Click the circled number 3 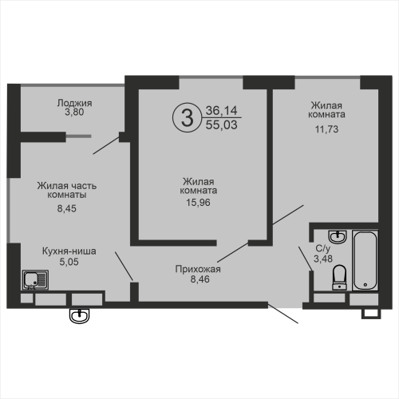(188, 118)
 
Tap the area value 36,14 (221, 110)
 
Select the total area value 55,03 (221, 124)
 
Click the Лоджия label (74, 103)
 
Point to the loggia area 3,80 (74, 112)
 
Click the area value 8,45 (67, 208)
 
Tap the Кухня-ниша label (69, 251)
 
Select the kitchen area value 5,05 (69, 262)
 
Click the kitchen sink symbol (35, 279)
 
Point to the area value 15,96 (198, 203)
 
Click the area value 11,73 (326, 129)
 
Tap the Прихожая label (198, 269)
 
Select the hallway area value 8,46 (200, 279)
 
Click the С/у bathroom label (323, 248)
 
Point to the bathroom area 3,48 (323, 259)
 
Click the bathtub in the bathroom (365, 260)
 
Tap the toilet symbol (340, 277)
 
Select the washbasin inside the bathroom (338, 236)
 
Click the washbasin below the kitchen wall (79, 316)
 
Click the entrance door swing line (283, 314)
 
